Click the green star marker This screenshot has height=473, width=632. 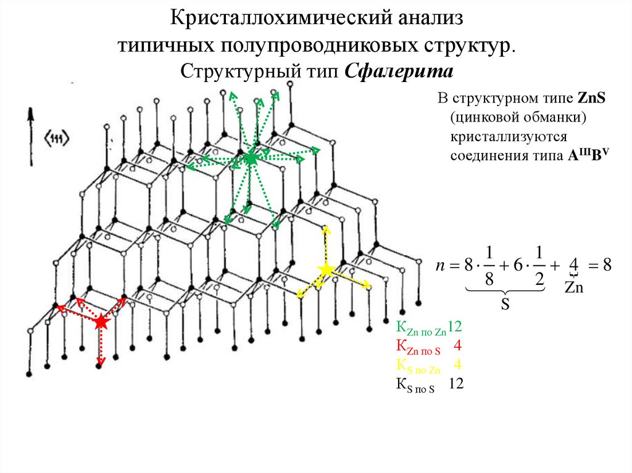point(250,158)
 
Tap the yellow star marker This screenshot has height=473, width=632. point(325,269)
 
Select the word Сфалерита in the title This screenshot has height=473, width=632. point(399,72)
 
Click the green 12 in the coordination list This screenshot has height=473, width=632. point(455,327)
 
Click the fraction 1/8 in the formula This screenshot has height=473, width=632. point(489,266)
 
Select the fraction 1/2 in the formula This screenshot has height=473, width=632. point(539,266)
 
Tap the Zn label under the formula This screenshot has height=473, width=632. point(574,287)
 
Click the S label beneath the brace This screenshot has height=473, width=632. point(504,305)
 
